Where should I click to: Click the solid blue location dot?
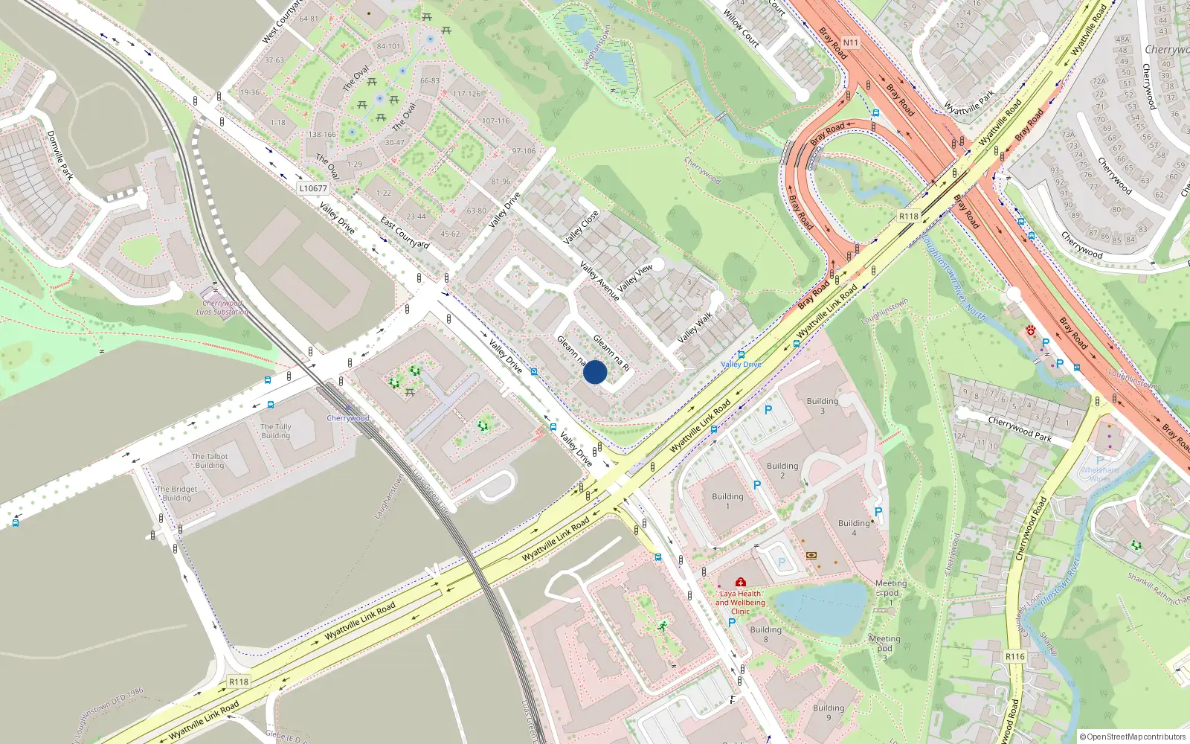[595, 372]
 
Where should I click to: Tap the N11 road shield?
[850, 42]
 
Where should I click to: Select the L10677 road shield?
[313, 188]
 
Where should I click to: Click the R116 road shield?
[1014, 656]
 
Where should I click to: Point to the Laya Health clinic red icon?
[740, 583]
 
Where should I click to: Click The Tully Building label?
[276, 431]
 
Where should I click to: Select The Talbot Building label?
[210, 461]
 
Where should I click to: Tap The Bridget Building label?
[177, 493]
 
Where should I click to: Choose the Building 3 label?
[822, 405]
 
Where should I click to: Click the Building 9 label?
[828, 712]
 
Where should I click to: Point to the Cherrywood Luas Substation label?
[222, 307]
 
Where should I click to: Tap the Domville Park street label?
[60, 155]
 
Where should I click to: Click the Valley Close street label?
[581, 228]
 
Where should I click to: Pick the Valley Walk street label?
[695, 327]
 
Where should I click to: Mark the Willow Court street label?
[742, 28]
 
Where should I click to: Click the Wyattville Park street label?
[968, 103]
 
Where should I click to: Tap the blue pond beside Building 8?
[822, 606]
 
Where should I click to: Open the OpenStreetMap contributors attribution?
[1132, 737]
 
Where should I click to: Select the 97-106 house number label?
[524, 151]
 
